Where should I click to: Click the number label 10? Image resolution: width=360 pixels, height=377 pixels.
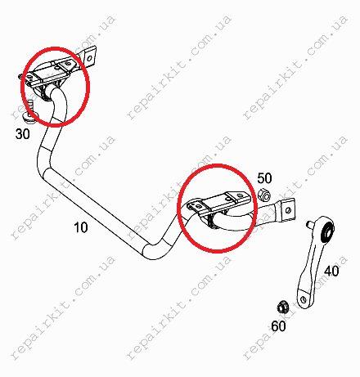[81, 227]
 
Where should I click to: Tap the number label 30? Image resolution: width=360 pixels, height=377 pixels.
[23, 134]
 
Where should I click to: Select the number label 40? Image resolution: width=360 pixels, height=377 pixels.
[331, 271]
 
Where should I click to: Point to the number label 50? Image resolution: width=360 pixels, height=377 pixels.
[264, 178]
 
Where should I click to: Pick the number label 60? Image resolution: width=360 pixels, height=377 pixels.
[278, 325]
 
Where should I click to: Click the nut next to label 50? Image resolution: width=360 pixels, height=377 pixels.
[264, 195]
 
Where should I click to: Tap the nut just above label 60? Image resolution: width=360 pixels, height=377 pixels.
[281, 307]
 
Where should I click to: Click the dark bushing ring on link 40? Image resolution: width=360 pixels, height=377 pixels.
[328, 231]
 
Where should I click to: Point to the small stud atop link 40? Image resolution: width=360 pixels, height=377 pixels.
[309, 224]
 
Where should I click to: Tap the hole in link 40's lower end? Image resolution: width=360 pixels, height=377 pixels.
[303, 298]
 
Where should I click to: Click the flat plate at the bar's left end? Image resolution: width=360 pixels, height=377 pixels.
[88, 56]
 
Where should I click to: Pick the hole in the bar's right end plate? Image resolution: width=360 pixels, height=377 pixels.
[288, 210]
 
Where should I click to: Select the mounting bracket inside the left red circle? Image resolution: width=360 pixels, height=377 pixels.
[51, 76]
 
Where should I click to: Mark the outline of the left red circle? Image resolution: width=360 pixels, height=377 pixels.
[22, 88]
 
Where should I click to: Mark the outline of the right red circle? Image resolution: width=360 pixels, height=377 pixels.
[178, 209]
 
